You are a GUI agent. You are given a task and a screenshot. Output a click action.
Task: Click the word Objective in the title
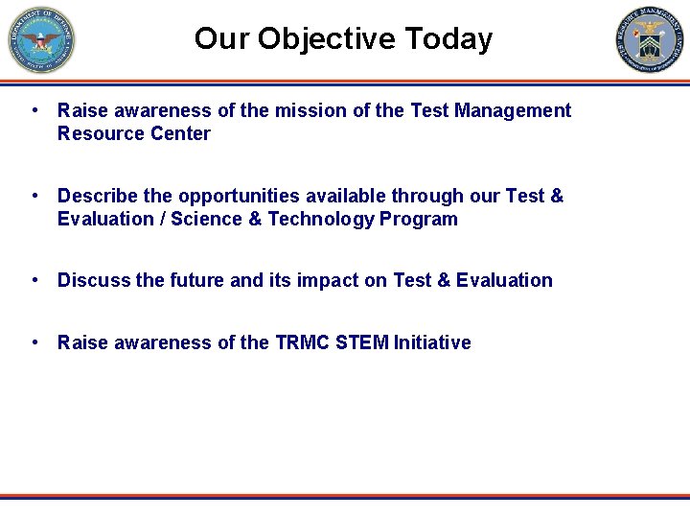pos(326,39)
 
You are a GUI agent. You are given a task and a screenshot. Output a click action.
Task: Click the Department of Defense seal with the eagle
pos(40,40)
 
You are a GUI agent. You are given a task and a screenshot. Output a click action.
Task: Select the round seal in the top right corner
pos(650,40)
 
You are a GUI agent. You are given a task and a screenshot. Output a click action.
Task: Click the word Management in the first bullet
pos(513,110)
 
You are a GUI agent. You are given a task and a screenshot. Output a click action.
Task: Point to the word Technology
pos(321,219)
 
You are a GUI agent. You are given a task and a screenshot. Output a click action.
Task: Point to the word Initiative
pos(432,342)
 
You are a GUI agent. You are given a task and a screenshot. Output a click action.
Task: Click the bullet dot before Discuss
pos(34,280)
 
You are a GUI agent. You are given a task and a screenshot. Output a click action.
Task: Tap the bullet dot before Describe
pos(34,196)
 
